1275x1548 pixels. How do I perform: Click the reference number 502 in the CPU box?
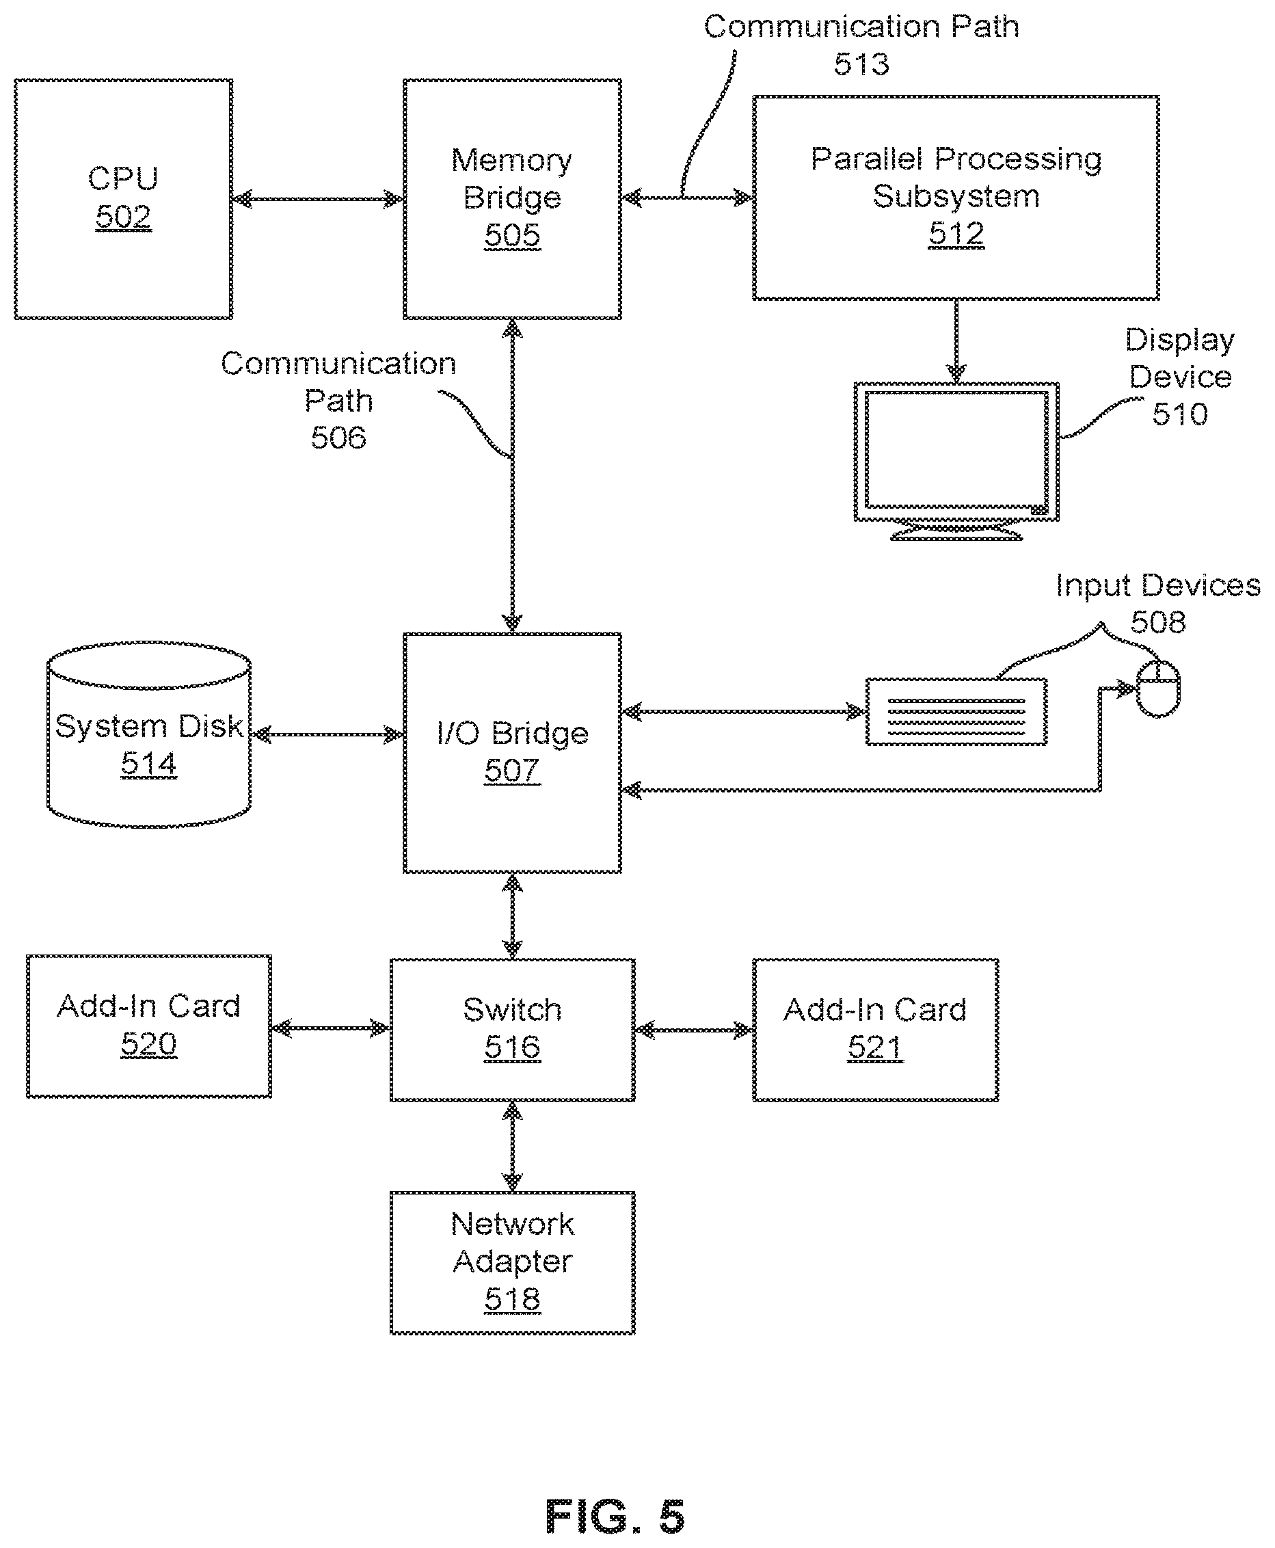click(x=123, y=217)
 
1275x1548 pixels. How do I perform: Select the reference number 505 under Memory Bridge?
click(x=512, y=235)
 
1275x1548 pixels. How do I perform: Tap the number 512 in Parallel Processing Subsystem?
click(x=956, y=234)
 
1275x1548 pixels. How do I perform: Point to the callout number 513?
click(x=861, y=65)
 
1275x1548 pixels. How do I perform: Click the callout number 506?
click(x=338, y=438)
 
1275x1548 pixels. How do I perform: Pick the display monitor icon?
click(x=956, y=461)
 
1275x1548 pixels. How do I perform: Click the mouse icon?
click(x=1158, y=688)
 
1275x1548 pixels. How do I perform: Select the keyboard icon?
click(x=956, y=712)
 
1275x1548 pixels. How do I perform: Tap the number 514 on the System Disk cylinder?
click(x=148, y=764)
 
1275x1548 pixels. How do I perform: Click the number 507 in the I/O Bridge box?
click(x=512, y=771)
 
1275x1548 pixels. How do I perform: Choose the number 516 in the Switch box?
click(x=512, y=1047)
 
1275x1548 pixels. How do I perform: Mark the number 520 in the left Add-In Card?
click(x=148, y=1044)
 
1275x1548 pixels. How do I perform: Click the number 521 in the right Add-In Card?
click(x=875, y=1047)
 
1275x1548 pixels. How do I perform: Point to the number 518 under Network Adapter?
click(x=512, y=1299)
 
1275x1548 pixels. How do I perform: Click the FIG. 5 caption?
click(x=615, y=1517)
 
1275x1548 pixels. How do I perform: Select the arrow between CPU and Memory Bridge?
click(x=317, y=199)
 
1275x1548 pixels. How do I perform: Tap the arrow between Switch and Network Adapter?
click(x=512, y=1147)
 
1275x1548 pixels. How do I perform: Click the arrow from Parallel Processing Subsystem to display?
click(x=956, y=341)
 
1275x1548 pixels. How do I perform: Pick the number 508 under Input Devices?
click(x=1157, y=622)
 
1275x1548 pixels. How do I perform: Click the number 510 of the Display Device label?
click(x=1179, y=414)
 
